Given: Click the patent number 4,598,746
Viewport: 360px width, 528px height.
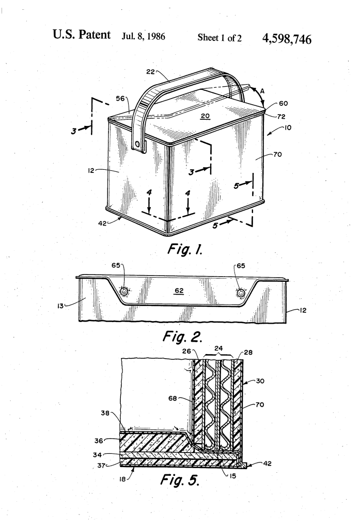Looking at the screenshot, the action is coord(287,39).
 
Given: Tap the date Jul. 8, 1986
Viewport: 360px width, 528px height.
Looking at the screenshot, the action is coord(144,37).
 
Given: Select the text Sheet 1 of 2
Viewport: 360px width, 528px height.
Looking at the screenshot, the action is coord(220,38).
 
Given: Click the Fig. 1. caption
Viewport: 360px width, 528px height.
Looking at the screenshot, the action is coord(185,249).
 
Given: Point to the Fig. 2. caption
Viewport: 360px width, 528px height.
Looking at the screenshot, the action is coord(182,336).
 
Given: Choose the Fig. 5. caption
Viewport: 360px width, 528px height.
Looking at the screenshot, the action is coord(180,479).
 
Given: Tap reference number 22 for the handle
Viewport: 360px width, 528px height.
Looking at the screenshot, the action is coord(151,71).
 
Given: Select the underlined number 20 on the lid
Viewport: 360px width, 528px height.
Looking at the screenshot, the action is coord(205,116).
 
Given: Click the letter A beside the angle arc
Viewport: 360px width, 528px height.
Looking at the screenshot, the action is coord(262,90).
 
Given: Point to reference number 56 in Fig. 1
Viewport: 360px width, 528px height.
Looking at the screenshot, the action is coord(120,98).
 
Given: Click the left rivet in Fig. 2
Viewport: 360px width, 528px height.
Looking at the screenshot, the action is coord(124,292).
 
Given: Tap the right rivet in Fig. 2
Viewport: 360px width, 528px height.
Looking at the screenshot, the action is coord(240,293).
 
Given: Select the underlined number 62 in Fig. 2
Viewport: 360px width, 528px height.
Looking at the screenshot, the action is coord(179,291).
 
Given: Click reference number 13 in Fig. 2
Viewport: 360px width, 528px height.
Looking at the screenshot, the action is coord(60,306).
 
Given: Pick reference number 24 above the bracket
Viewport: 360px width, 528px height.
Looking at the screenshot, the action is coord(218,348).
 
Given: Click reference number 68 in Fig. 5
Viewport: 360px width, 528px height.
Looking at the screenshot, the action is coord(173,398).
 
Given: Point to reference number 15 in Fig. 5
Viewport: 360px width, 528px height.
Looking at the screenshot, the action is coord(232,476).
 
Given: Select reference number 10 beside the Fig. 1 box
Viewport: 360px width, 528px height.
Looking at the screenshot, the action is coord(288,127).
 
